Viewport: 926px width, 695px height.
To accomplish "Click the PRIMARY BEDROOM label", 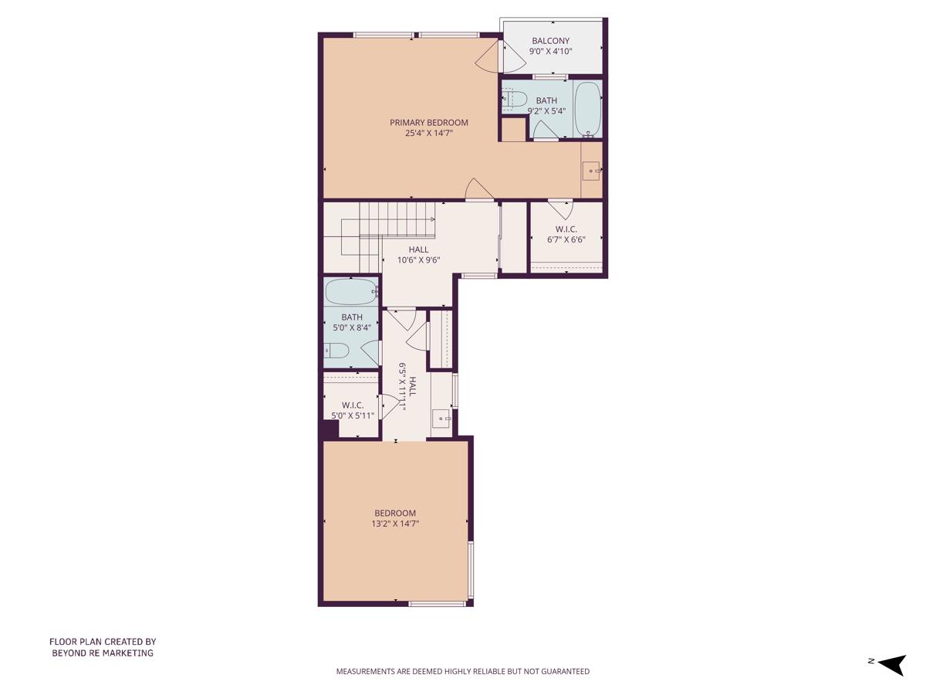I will click(x=428, y=123).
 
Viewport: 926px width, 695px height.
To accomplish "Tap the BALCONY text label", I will click(x=550, y=41).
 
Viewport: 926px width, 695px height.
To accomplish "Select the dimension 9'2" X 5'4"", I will click(x=546, y=110).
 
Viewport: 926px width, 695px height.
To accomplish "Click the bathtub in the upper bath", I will click(x=588, y=109).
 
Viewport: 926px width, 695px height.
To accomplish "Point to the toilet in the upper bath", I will click(x=514, y=99).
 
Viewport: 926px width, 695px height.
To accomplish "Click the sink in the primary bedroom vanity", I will click(x=591, y=171).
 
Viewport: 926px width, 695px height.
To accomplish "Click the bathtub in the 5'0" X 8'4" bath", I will click(x=351, y=292).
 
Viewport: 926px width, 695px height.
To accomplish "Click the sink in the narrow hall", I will click(x=441, y=417).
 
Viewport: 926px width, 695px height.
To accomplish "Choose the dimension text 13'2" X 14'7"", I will click(x=395, y=524).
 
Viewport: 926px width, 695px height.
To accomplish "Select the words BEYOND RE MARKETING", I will click(x=103, y=653).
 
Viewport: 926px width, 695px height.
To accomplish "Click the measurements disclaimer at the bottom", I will click(x=462, y=671).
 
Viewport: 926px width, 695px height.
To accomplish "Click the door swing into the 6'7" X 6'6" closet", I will click(x=560, y=209).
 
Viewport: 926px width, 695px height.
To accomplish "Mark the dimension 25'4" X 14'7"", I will click(x=428, y=133).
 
